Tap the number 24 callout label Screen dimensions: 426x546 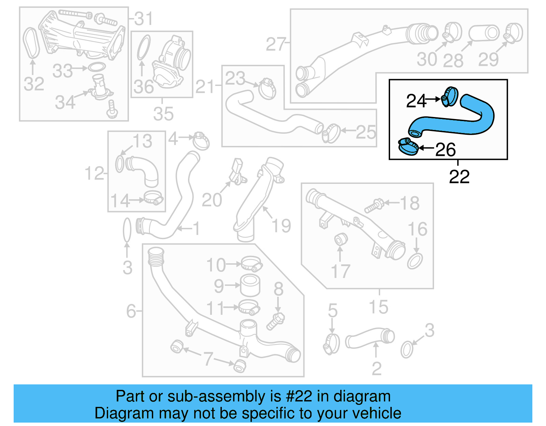click(x=416, y=101)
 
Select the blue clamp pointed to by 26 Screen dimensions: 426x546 click(x=408, y=146)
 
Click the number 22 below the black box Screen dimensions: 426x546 click(x=459, y=177)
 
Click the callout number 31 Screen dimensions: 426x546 click(x=144, y=19)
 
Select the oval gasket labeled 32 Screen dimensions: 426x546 click(x=31, y=43)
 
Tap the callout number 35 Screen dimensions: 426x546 click(x=163, y=114)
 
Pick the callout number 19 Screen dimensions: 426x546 click(x=281, y=225)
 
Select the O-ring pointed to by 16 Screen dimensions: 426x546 click(x=415, y=261)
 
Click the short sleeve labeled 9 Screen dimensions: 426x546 click(x=250, y=285)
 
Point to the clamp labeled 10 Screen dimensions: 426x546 click(x=251, y=264)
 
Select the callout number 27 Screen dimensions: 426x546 click(x=275, y=44)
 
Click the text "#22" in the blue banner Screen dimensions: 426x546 click(x=299, y=396)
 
